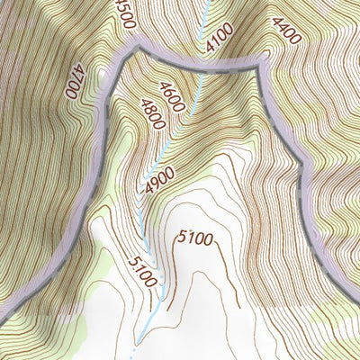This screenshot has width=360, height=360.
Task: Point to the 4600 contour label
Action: (x=171, y=96)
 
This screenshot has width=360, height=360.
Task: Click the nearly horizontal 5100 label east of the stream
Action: (x=195, y=238)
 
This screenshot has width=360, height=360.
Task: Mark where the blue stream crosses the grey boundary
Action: (x=202, y=62)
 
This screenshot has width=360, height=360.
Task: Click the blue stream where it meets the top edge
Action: (x=210, y=2)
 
